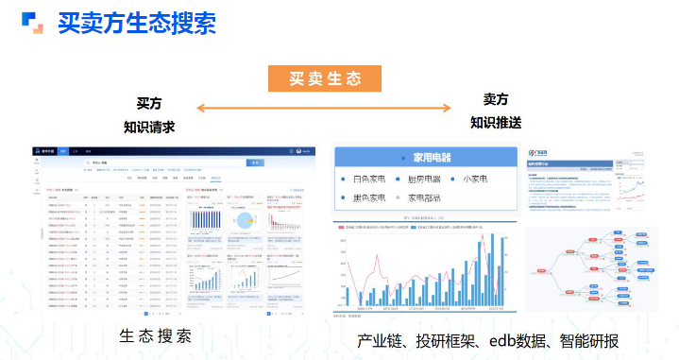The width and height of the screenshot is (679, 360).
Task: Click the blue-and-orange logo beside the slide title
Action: pyautogui.click(x=33, y=22)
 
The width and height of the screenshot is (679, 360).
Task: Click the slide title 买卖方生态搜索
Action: pyautogui.click(x=137, y=22)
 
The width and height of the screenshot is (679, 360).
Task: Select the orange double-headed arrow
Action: pyautogui.click(x=324, y=109)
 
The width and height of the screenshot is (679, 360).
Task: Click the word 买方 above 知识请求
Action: pyautogui.click(x=149, y=102)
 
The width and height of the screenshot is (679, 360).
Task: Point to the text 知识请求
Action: pyautogui.click(x=149, y=127)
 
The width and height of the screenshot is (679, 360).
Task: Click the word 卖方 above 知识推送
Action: pyautogui.click(x=496, y=99)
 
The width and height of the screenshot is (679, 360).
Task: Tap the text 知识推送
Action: pyautogui.click(x=496, y=123)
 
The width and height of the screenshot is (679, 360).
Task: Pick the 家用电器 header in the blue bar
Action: pyautogui.click(x=433, y=157)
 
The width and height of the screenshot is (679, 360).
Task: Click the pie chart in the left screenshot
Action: pyautogui.click(x=245, y=219)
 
